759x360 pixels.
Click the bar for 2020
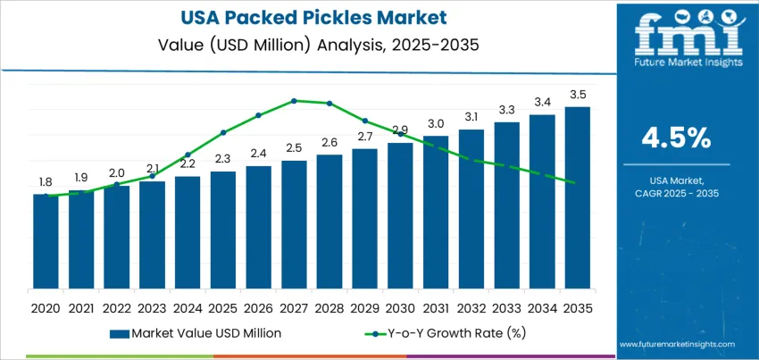pyautogui.click(x=46, y=241)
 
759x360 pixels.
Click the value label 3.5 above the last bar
pyautogui.click(x=577, y=95)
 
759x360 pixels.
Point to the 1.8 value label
pyautogui.click(x=46, y=181)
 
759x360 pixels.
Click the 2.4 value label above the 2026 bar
pyautogui.click(x=258, y=153)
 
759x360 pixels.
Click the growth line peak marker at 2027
pyautogui.click(x=294, y=100)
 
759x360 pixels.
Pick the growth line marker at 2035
pyautogui.click(x=572, y=182)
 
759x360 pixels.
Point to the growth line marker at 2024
pyautogui.click(x=188, y=155)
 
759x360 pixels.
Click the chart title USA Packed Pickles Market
pyautogui.click(x=307, y=18)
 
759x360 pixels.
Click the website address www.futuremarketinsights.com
pyautogui.click(x=676, y=344)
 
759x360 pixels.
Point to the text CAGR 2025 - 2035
pyautogui.click(x=676, y=194)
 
